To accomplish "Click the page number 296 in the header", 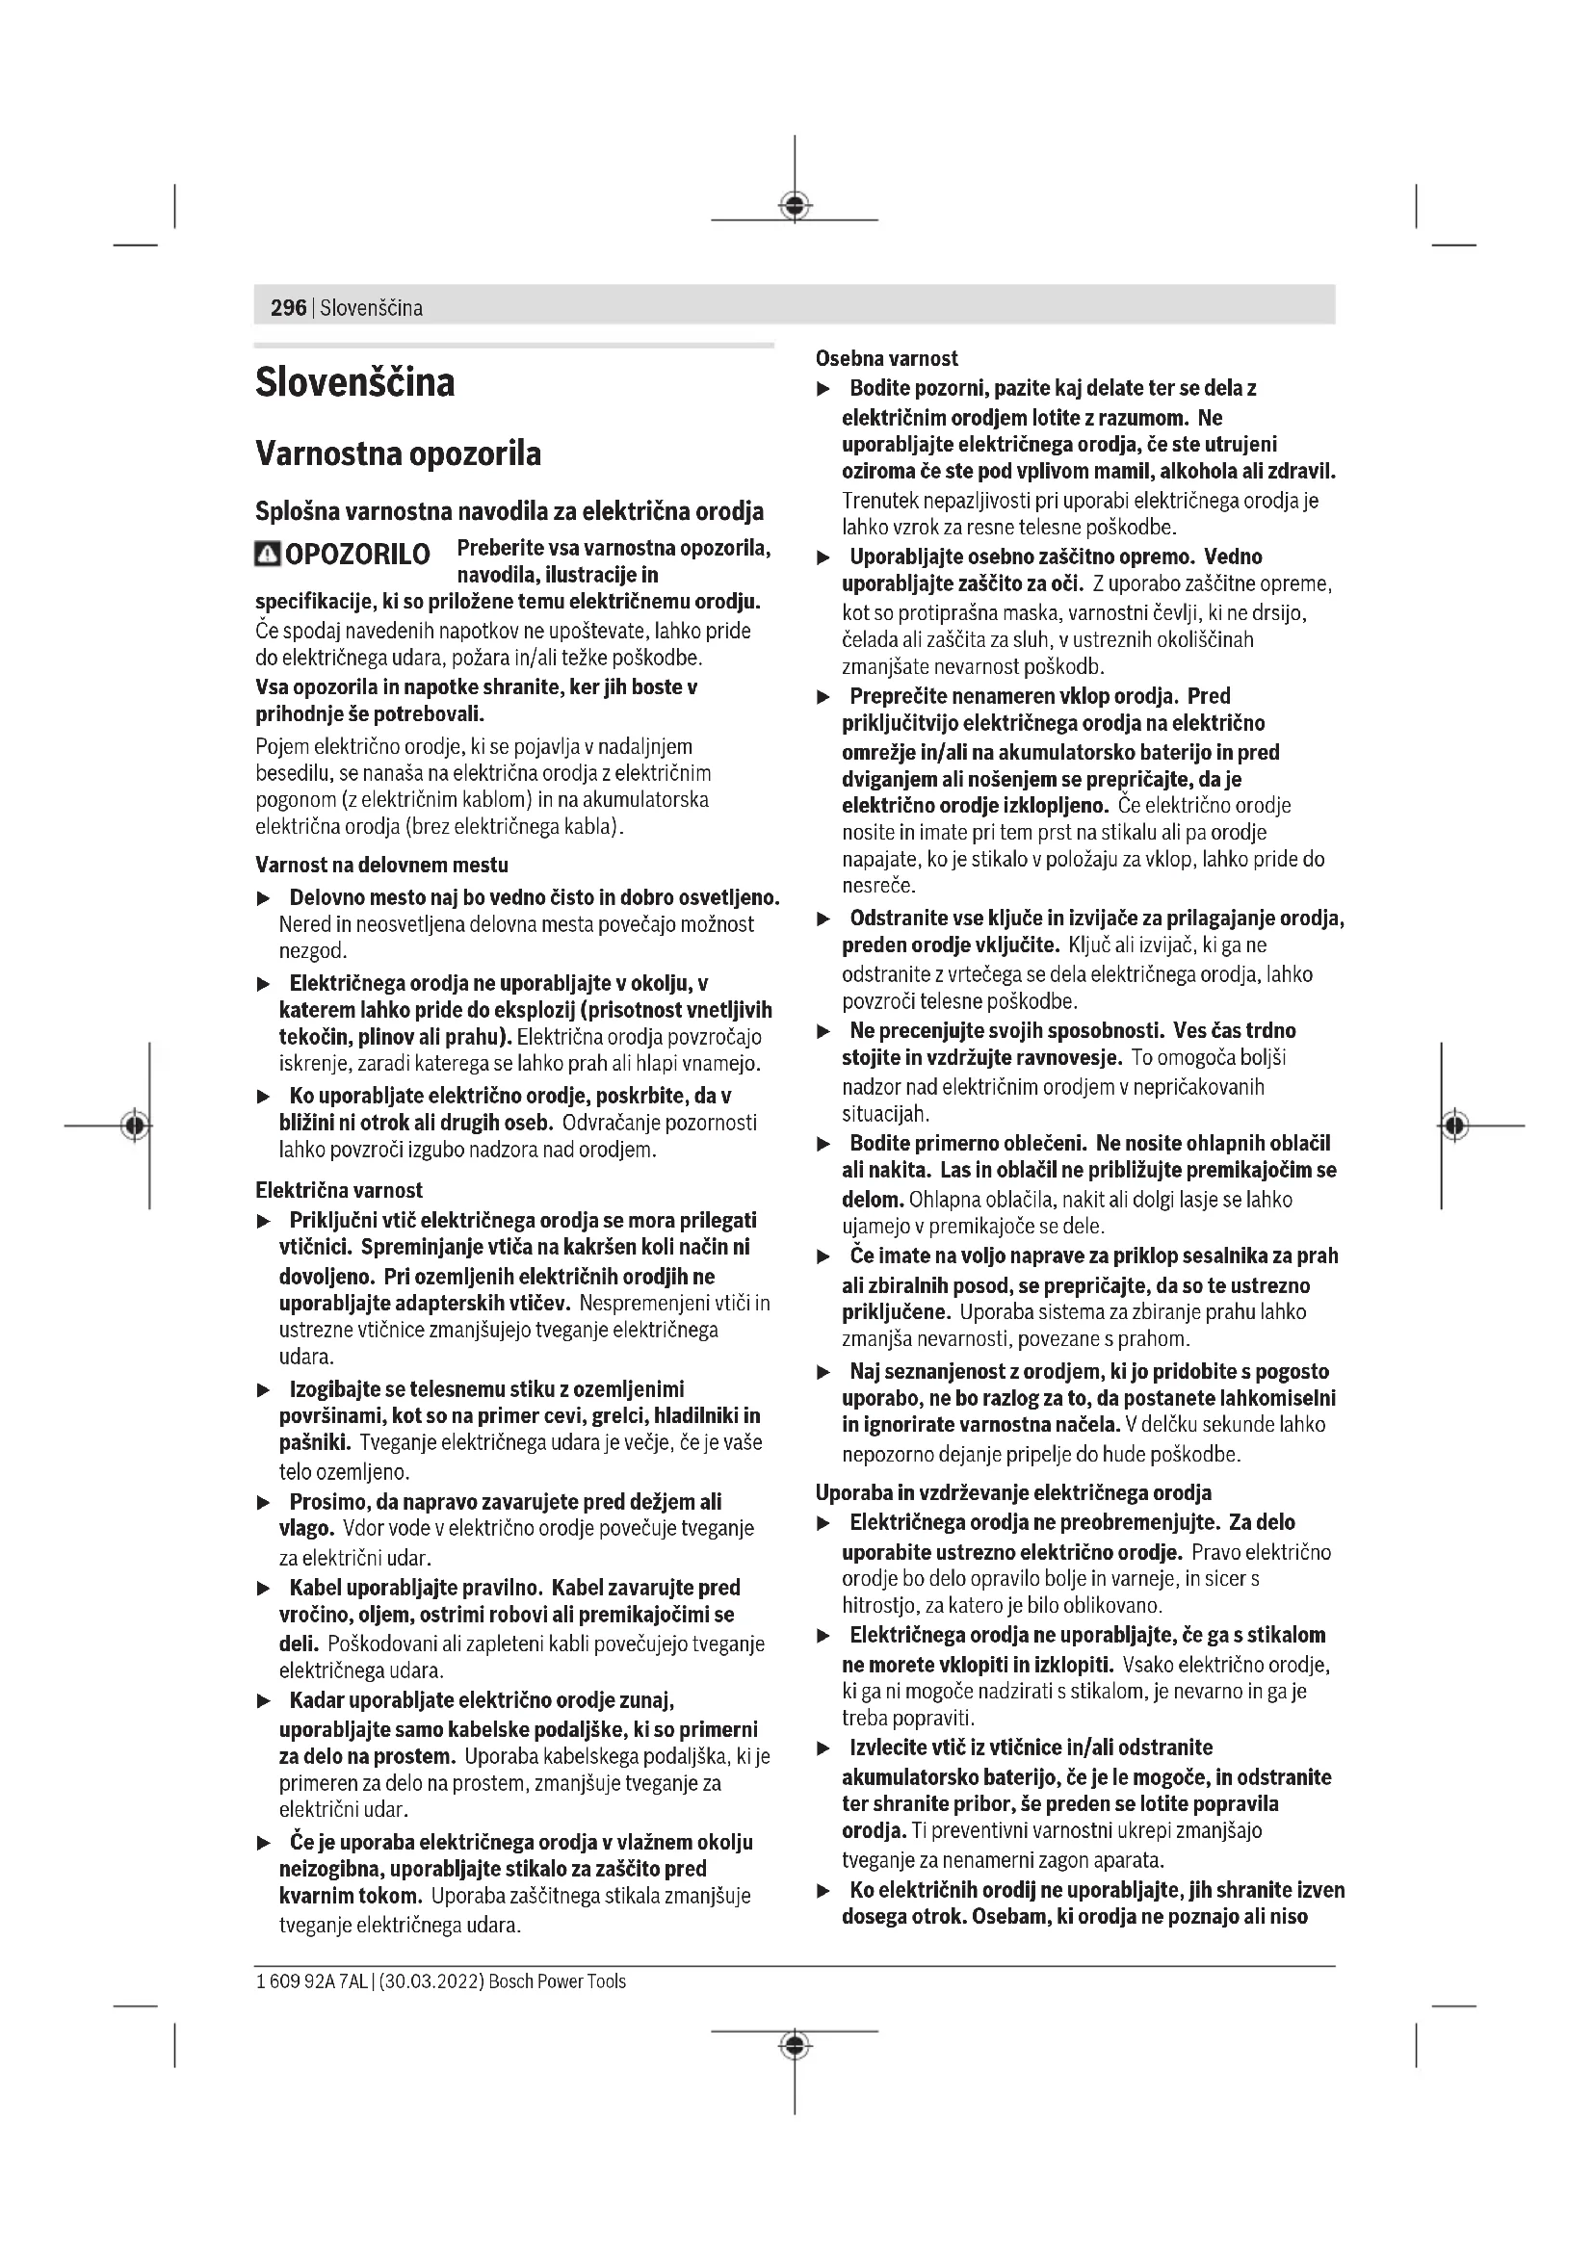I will tap(288, 308).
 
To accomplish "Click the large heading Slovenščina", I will tap(355, 382).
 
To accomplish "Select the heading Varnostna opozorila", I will tap(399, 454).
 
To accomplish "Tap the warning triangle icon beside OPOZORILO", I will tap(267, 555).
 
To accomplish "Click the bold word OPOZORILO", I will tap(357, 556).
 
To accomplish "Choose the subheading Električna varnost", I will tap(338, 1191).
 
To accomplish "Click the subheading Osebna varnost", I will tap(886, 359).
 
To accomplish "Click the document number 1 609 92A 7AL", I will tap(311, 1981).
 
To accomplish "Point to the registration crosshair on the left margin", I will tap(136, 1125).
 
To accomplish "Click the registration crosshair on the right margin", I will tap(1455, 1125).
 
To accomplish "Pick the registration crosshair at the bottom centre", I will tap(795, 2045).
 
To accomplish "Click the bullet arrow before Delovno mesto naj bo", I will tap(263, 898).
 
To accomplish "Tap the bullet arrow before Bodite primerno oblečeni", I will tap(824, 1145).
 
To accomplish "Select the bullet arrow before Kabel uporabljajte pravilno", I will tap(263, 1588).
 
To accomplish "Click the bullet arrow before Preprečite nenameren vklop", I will tap(824, 697).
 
